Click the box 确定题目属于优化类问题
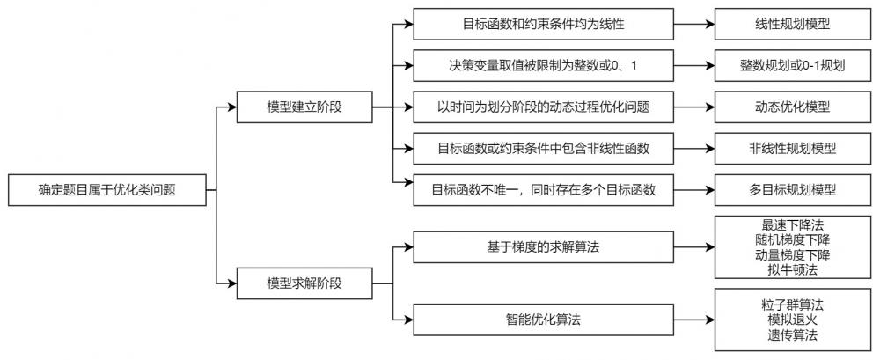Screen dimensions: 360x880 (x=106, y=190)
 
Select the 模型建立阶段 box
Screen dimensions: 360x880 (x=304, y=107)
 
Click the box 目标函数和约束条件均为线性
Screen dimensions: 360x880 (x=543, y=24)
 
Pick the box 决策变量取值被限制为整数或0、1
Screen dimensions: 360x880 (x=543, y=65)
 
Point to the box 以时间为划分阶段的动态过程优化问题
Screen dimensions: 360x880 (x=543, y=107)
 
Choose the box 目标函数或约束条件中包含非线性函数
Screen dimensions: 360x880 (x=543, y=149)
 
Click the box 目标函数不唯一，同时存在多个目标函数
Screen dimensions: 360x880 (x=543, y=190)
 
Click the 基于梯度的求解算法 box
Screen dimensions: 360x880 (x=543, y=247)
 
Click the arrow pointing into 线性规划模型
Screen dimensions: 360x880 (x=694, y=24)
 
